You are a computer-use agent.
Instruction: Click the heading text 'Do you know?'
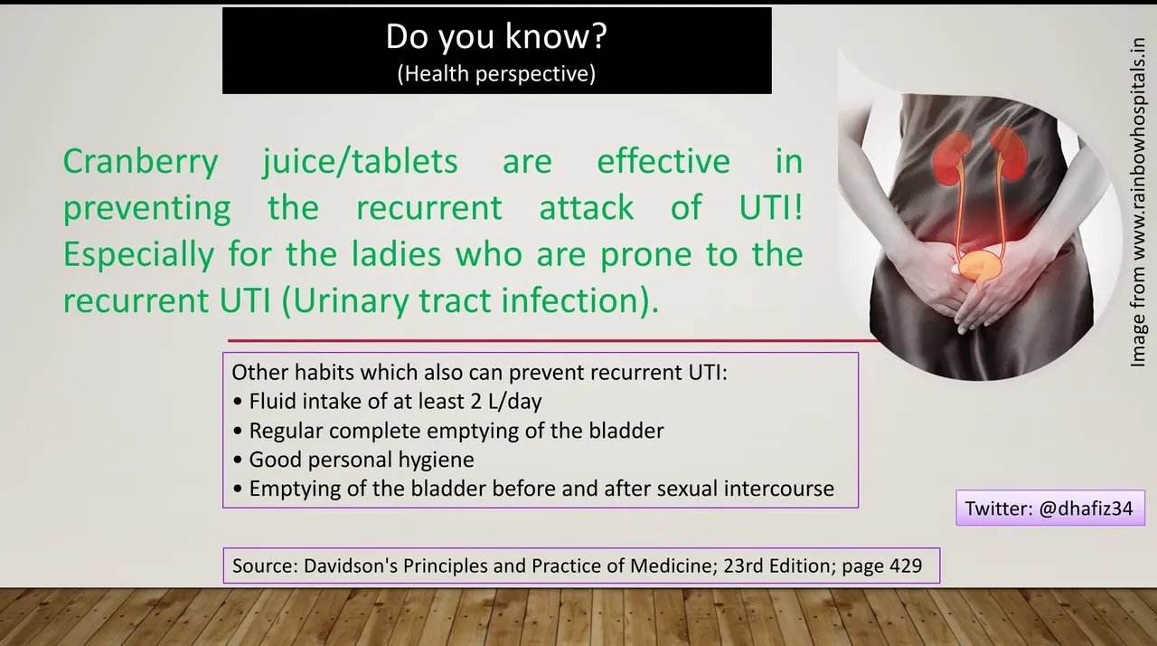(x=496, y=37)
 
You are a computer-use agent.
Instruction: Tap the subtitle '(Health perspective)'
(x=496, y=74)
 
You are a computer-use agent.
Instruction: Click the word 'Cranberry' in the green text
(x=140, y=162)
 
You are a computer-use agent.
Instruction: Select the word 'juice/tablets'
(x=360, y=161)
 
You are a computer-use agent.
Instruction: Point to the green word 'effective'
(x=663, y=160)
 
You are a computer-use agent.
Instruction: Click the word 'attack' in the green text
(x=587, y=207)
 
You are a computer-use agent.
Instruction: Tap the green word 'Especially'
(x=138, y=255)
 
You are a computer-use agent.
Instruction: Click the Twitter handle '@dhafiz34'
(x=1086, y=508)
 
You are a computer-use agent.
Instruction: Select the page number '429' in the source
(x=906, y=565)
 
